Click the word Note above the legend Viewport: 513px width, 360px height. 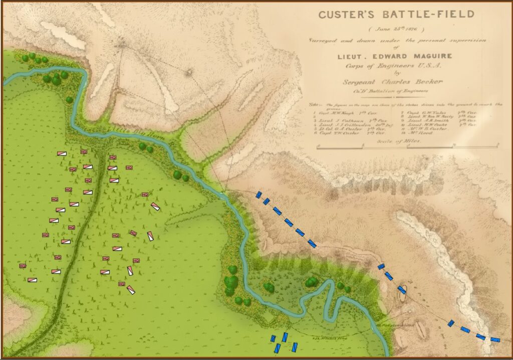point(312,104)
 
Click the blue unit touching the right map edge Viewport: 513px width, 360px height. point(495,339)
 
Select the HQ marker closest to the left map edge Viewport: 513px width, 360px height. point(23,266)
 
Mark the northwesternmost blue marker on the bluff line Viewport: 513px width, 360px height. point(259,195)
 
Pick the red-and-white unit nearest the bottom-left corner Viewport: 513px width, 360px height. point(32,280)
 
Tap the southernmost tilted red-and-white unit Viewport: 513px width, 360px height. point(131,290)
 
